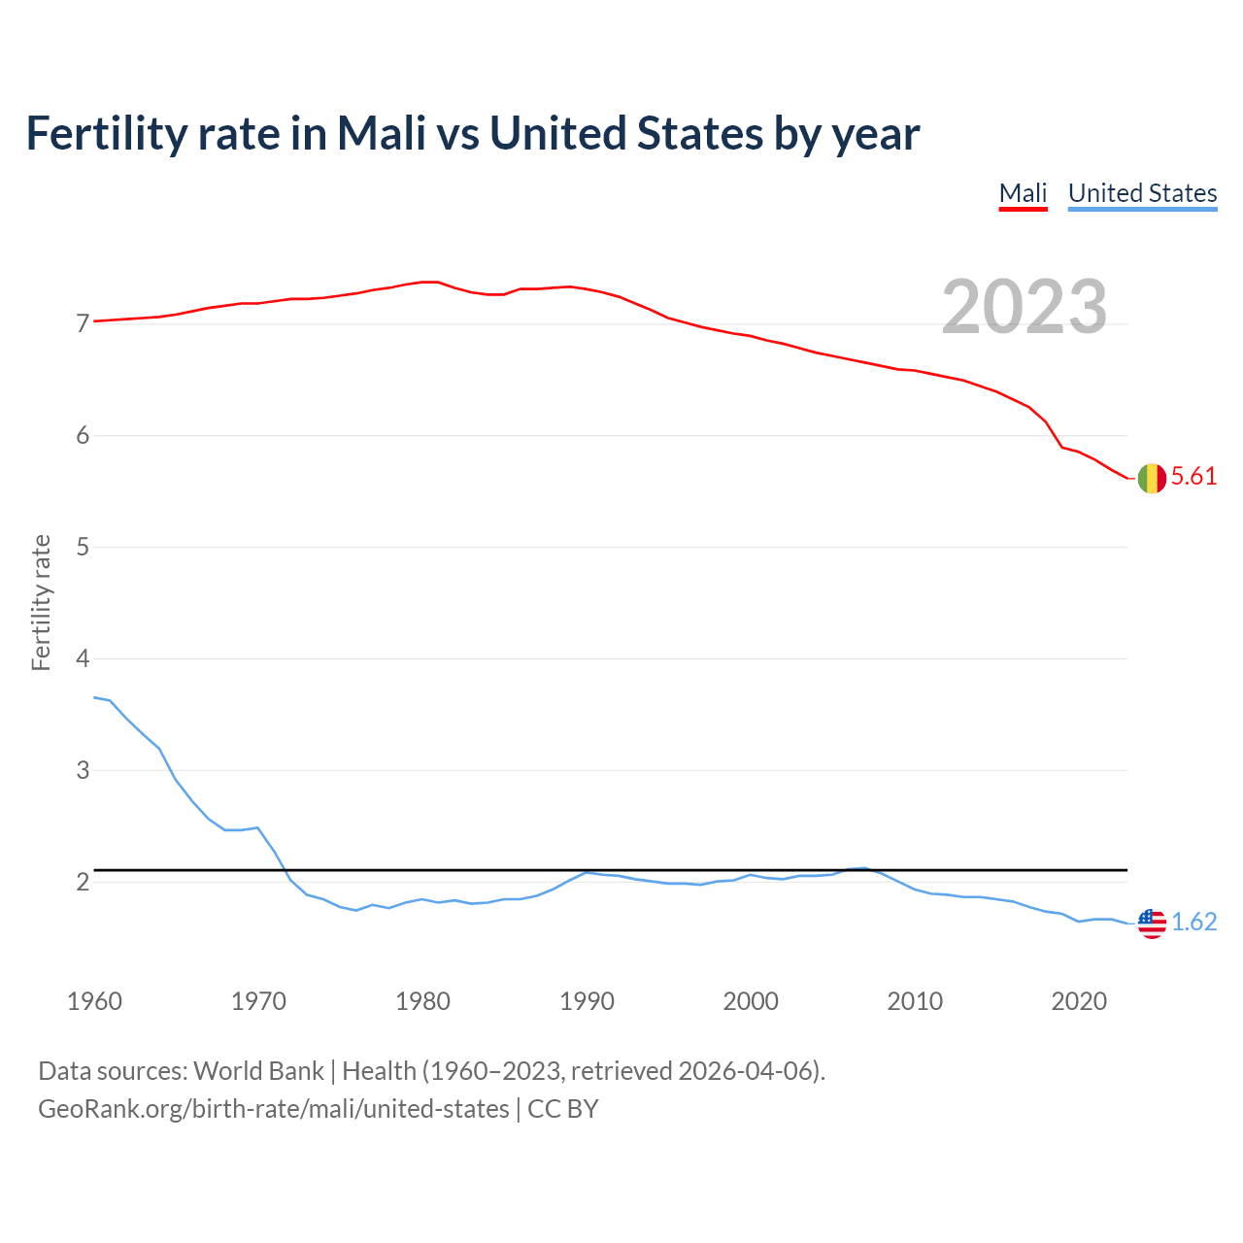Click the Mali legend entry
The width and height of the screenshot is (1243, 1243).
coord(1023,193)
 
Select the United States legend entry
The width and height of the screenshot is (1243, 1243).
coord(1142,193)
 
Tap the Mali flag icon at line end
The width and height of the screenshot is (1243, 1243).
coord(1152,478)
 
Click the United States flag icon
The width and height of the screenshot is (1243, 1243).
coord(1152,923)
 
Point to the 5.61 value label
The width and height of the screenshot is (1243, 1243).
coord(1193,476)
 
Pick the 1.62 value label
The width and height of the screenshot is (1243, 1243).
coord(1193,922)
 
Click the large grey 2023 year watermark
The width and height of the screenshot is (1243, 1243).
coord(1025,307)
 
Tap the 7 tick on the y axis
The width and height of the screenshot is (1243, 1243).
coord(83,323)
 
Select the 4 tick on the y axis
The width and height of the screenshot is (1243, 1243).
coord(83,658)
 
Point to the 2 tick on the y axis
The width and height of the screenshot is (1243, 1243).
coord(83,882)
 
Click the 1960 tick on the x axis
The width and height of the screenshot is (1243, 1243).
coord(94,1001)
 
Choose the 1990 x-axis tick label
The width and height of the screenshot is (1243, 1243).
coord(587,1001)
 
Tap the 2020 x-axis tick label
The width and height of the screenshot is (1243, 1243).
coord(1079,1001)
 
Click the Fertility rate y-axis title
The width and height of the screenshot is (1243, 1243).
coord(41,602)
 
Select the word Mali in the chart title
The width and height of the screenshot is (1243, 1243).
coord(381,134)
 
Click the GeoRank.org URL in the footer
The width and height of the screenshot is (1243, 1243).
coord(273,1108)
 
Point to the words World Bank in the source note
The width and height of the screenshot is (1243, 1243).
coord(258,1070)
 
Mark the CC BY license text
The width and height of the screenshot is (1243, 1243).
coord(563,1108)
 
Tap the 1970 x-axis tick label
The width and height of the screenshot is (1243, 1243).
coord(258,1001)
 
